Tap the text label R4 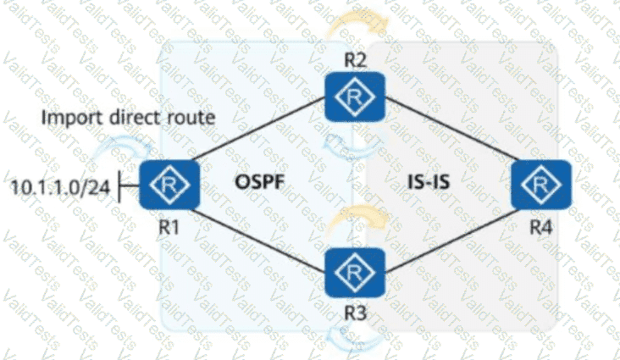[x=540, y=226]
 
